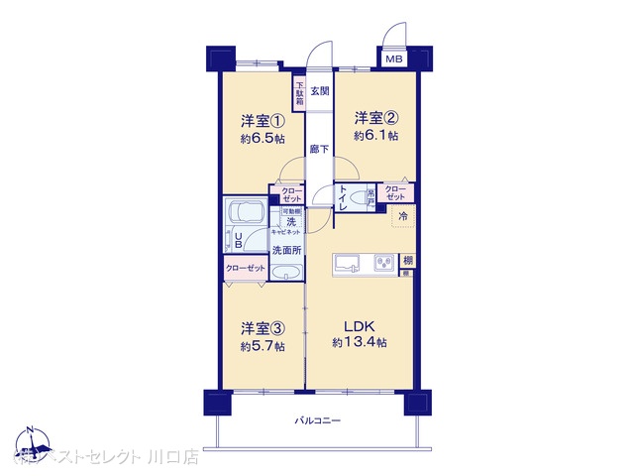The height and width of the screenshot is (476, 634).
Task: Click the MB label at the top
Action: click(x=394, y=59)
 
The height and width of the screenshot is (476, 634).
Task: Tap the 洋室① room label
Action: click(x=263, y=122)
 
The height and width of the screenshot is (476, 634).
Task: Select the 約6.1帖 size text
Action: click(x=376, y=135)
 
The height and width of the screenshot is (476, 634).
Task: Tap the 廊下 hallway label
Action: click(x=319, y=150)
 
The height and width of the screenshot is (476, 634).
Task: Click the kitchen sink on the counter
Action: click(x=348, y=263)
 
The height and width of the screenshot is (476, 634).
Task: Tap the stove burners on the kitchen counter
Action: click(x=381, y=263)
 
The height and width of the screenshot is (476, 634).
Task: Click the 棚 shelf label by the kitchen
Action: click(x=407, y=261)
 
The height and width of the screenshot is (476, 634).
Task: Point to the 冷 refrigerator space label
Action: click(x=403, y=215)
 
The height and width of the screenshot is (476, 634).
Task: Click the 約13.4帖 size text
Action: click(x=360, y=342)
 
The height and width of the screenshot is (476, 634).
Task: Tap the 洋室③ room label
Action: click(x=263, y=328)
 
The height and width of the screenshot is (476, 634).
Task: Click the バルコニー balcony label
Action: click(x=318, y=421)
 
